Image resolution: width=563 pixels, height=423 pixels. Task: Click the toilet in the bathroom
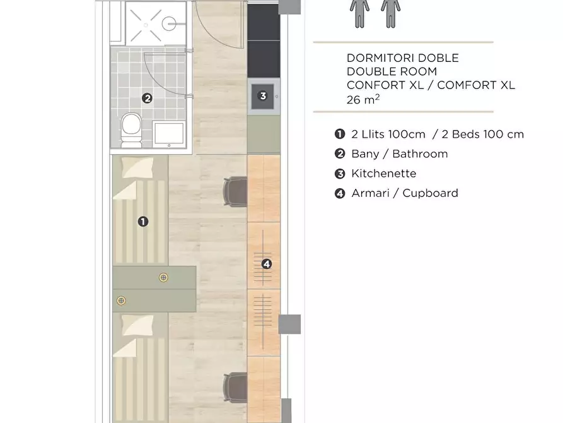pyautogui.click(x=131, y=130)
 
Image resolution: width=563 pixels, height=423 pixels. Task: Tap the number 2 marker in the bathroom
pyautogui.click(x=147, y=98)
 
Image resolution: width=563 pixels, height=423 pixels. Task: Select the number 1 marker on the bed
pyautogui.click(x=143, y=222)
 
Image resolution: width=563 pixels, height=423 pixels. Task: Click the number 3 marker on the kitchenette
pyautogui.click(x=263, y=96)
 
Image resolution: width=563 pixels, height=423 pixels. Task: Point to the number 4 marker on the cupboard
pyautogui.click(x=267, y=264)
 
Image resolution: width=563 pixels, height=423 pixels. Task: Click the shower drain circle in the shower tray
pyautogui.click(x=169, y=24)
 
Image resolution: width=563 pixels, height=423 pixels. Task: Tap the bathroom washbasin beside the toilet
pyautogui.click(x=169, y=134)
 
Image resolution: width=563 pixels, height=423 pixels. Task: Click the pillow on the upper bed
pyautogui.click(x=137, y=167)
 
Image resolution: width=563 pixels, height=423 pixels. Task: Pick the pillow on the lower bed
pyautogui.click(x=137, y=325)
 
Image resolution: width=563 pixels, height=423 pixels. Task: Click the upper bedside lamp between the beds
pyautogui.click(x=163, y=277)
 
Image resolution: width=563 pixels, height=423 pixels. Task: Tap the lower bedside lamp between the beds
pyautogui.click(x=121, y=301)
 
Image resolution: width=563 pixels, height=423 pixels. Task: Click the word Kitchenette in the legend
pyautogui.click(x=384, y=174)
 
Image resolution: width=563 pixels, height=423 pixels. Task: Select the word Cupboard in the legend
pyautogui.click(x=430, y=193)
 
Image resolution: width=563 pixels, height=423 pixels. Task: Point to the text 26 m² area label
pyautogui.click(x=363, y=99)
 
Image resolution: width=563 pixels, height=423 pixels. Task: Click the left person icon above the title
pyautogui.click(x=359, y=14)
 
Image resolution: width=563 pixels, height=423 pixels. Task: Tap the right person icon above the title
pyautogui.click(x=391, y=14)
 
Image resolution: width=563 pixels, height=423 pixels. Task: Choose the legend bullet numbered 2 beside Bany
pyautogui.click(x=340, y=154)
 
